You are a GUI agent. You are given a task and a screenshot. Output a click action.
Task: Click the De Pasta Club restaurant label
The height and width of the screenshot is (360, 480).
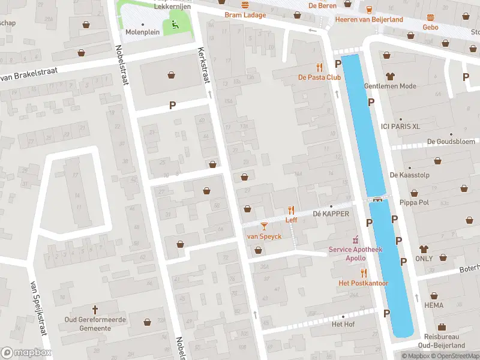[x=319, y=77]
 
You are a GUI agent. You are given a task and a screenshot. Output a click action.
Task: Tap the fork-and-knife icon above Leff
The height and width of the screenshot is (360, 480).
[x=292, y=209]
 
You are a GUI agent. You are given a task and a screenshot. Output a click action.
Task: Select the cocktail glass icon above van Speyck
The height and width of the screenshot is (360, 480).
[x=264, y=226]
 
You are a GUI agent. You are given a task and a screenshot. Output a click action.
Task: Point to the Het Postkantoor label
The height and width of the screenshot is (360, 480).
[x=364, y=283]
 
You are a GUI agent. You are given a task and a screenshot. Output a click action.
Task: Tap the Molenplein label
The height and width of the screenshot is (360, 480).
[x=142, y=33]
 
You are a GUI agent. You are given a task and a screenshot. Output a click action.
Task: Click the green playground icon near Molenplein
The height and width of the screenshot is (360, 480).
[x=175, y=25]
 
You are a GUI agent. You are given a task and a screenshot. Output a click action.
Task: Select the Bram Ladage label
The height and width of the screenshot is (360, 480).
[x=245, y=14]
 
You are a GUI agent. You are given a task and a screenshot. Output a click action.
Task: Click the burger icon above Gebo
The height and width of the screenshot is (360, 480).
[x=430, y=17]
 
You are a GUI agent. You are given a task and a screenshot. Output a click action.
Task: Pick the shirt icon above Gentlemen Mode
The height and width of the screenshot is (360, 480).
[x=390, y=76]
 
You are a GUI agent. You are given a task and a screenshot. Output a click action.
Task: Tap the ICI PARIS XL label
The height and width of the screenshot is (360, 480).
[x=400, y=126]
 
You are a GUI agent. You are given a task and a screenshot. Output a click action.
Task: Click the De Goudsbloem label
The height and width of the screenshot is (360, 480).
[x=446, y=142]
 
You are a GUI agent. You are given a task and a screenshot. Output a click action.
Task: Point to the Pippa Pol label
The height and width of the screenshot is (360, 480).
[x=410, y=202]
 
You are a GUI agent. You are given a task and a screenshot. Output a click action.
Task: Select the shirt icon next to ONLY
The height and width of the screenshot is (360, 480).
[x=424, y=248]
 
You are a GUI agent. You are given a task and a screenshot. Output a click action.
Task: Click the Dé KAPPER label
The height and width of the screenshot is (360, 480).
[x=331, y=214]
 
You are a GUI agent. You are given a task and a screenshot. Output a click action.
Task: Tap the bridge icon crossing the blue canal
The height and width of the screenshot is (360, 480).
[x=377, y=200]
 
